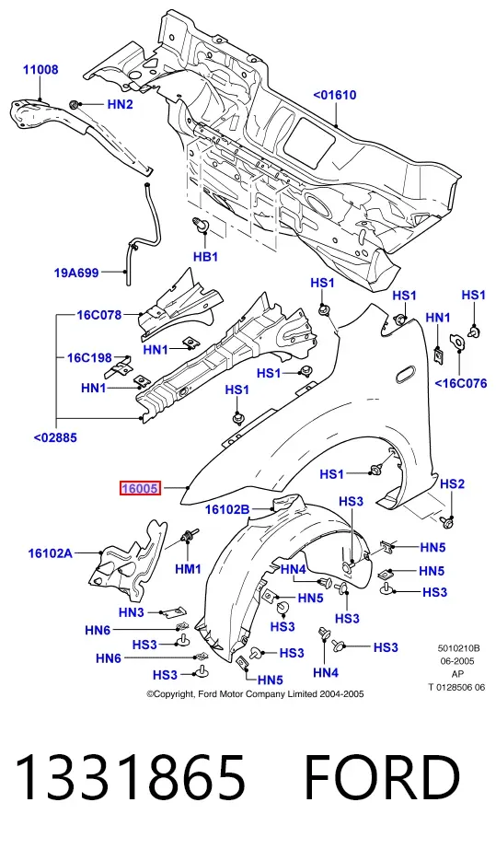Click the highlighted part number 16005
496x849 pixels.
tap(140, 488)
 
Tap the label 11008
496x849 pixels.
tap(40, 70)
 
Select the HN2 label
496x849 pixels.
tap(120, 104)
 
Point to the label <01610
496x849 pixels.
tap(335, 95)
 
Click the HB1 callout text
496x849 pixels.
tap(205, 256)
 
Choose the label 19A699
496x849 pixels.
tap(76, 273)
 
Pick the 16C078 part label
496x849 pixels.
tap(99, 315)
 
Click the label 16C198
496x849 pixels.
tap(89, 358)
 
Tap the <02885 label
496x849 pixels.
tap(55, 437)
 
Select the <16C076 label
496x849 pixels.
tap(461, 383)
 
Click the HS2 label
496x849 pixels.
tap(452, 483)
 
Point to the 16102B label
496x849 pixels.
tap(227, 509)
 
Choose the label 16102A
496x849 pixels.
tap(51, 552)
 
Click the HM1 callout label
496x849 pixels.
tap(188, 569)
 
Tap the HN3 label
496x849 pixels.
tap(132, 612)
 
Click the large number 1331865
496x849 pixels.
tap(130, 778)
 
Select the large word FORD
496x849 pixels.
tap(382, 778)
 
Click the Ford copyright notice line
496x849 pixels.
tap(255, 693)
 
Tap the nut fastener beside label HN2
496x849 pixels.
tap(75, 104)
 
